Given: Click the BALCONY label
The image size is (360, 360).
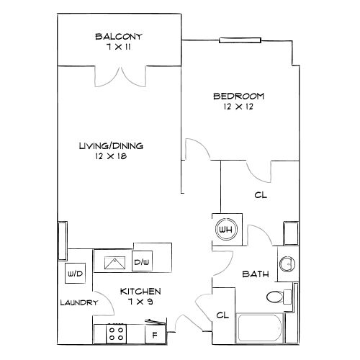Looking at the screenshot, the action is tap(119, 37).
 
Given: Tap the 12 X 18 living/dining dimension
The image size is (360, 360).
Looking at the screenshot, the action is tap(111, 156).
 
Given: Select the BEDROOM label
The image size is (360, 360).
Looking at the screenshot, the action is tap(238, 96).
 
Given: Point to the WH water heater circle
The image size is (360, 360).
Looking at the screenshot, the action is tap(227, 229).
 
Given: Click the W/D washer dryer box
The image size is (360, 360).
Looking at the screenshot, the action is tap(76, 274).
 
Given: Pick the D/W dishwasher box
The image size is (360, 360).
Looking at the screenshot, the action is tap(142, 261).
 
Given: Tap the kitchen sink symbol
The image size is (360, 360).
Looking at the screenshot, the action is tap(114, 263).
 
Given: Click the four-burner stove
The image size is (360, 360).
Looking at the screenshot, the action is tap(117, 333).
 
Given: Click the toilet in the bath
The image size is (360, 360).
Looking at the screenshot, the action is tap(279, 297).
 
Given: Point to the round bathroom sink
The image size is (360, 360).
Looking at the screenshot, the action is tap(287, 264).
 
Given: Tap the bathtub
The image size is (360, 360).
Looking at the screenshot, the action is tap(260, 328).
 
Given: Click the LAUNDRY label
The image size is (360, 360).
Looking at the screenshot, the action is tap(79, 302).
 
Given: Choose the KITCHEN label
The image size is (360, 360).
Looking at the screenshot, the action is tap(140, 292).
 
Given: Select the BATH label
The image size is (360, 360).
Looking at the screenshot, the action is tap(256, 274).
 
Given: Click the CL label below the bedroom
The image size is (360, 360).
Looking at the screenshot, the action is tap(261, 195).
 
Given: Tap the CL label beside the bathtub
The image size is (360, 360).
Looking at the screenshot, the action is tap(222, 315).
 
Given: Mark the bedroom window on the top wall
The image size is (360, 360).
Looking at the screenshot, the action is tap(240, 40).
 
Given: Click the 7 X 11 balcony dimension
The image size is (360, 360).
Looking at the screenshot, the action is tap(119, 47).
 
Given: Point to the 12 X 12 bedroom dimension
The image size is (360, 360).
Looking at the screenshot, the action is tap(238, 107).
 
